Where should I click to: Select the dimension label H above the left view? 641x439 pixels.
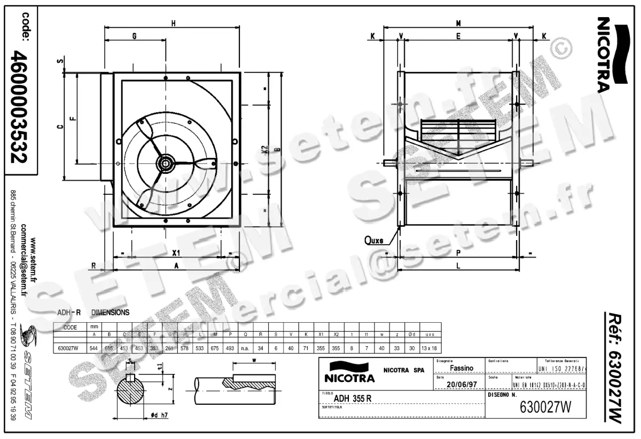173,23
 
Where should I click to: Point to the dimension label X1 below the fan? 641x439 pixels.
176,252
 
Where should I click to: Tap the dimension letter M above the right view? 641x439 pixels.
458,23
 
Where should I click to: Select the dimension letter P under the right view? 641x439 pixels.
458,253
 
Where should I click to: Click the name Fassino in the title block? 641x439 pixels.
461,368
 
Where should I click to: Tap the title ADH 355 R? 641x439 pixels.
353,398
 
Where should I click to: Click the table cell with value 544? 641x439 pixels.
94,347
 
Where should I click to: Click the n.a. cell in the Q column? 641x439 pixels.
245,347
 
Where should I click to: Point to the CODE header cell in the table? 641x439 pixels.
70,328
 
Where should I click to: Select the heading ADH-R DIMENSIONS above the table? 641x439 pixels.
93,312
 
